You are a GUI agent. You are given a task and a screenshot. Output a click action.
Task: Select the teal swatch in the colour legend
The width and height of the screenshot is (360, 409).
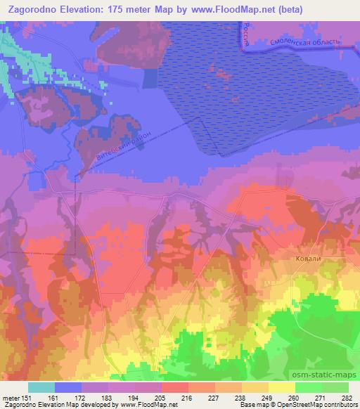[x=41, y=387]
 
